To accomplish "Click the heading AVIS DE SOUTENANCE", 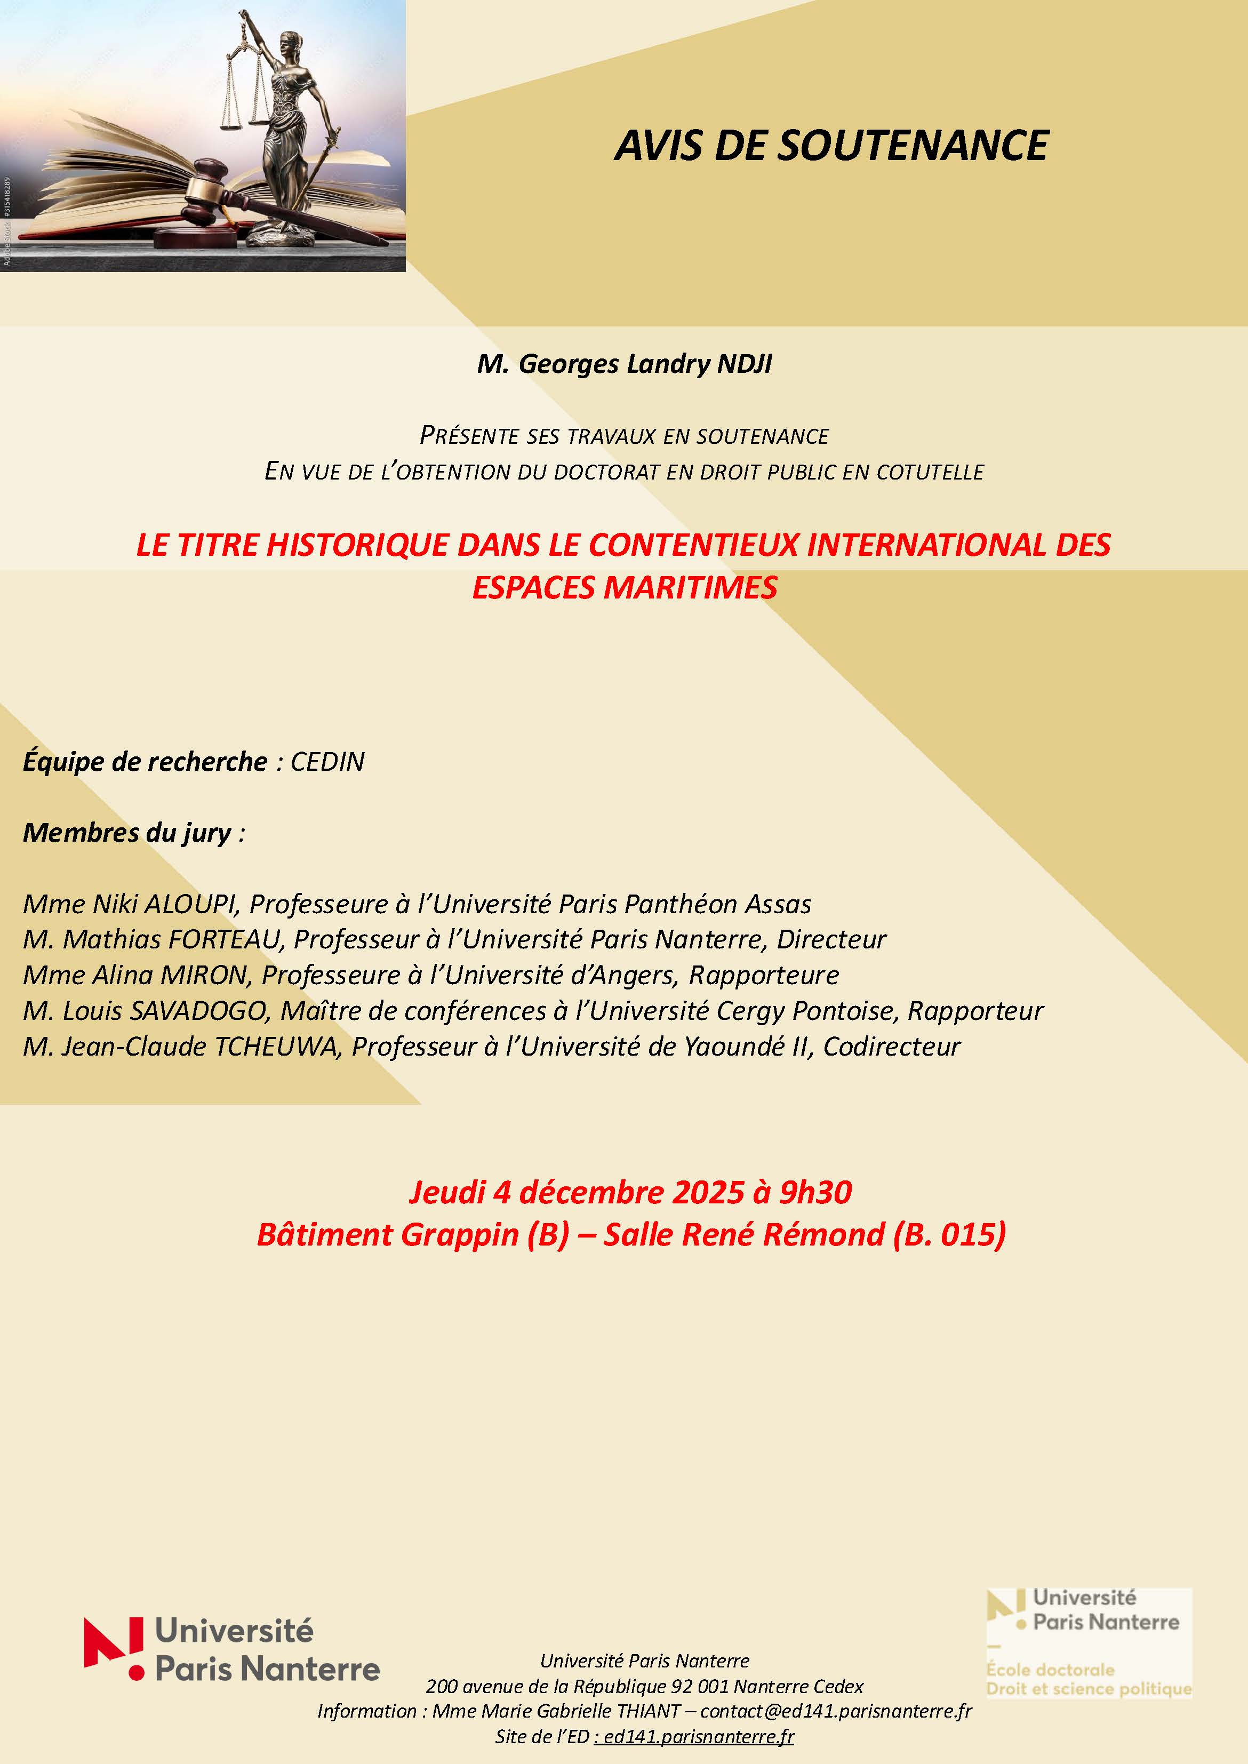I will click(x=831, y=145).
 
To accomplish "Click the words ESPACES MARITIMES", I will click(x=624, y=588).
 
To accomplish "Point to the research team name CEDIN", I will click(x=327, y=762).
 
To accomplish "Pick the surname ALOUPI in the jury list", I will click(x=190, y=904).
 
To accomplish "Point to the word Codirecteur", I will click(x=891, y=1046).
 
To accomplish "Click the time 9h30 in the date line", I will click(x=815, y=1192).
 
